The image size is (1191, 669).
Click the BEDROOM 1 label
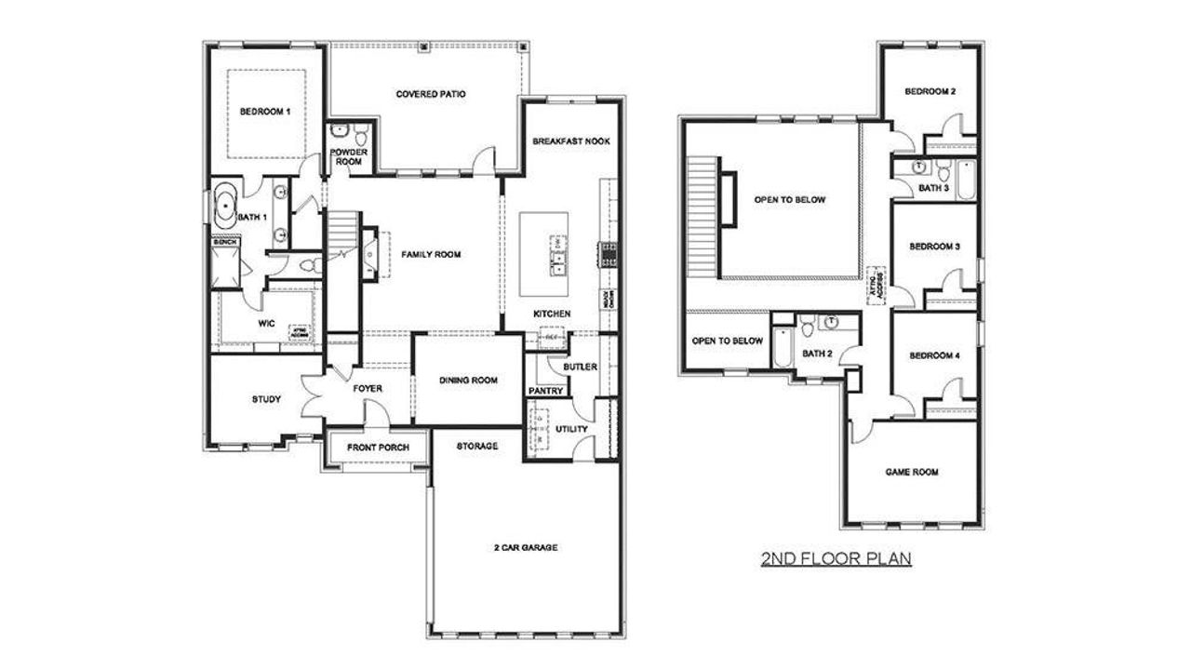point(265,112)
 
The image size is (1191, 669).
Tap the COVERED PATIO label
point(430,94)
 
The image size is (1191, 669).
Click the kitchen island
point(543,252)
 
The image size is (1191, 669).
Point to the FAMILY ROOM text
point(431,255)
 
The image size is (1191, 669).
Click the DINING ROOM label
point(468,380)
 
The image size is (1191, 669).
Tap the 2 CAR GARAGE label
point(525,548)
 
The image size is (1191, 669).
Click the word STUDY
point(266,399)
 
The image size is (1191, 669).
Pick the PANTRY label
point(545,391)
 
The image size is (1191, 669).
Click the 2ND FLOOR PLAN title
point(836,559)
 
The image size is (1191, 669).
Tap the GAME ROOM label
point(911,472)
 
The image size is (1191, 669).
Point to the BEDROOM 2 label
point(930,91)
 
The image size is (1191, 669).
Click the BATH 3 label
point(933,188)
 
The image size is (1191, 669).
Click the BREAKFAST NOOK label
point(570,141)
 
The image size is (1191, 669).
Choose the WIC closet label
point(265,324)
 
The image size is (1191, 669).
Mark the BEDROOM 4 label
point(933,355)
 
